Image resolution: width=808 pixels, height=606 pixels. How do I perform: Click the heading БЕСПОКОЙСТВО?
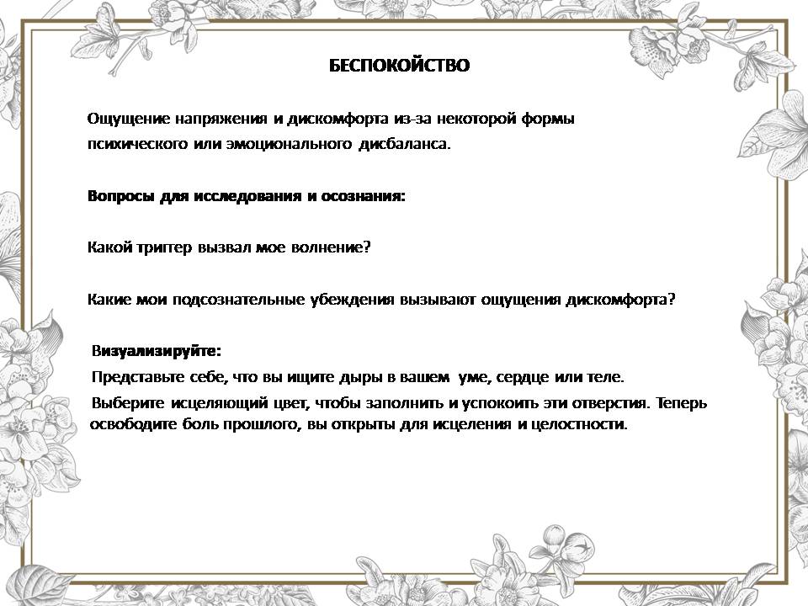399,66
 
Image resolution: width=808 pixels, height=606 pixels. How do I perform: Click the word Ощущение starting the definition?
128,120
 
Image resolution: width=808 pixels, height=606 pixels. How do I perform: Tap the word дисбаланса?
404,144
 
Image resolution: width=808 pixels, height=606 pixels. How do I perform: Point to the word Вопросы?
120,197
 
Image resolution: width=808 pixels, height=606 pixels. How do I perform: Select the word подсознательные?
238,300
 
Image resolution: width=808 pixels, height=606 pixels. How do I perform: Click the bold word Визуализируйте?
157,352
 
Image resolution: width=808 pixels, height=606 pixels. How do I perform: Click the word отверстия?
610,402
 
